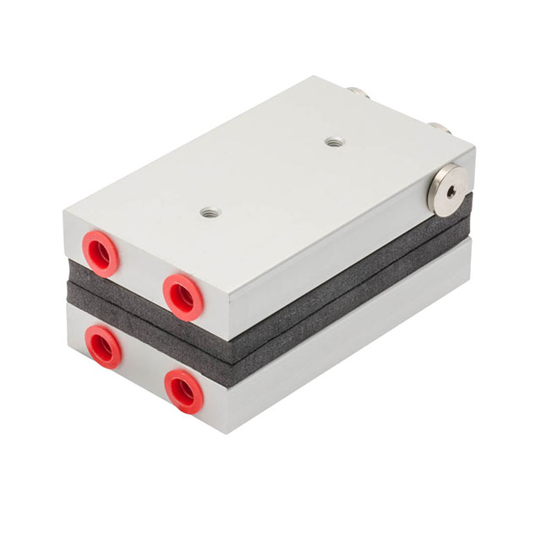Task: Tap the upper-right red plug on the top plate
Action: coord(182,293)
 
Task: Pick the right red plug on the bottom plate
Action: coord(183,390)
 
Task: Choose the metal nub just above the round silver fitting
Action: coord(439,129)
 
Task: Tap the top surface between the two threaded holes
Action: coord(270,178)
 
